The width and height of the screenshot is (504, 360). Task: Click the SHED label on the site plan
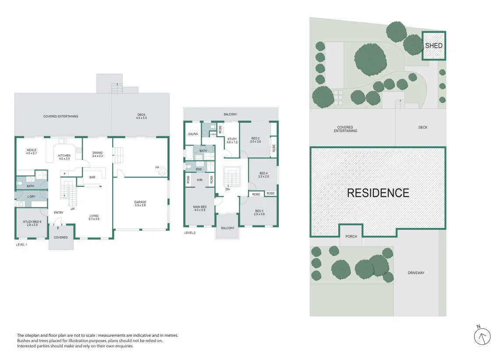433,46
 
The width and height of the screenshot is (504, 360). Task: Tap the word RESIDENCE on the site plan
378,193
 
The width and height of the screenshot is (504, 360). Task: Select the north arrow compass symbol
482,336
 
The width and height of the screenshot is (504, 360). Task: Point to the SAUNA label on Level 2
193,134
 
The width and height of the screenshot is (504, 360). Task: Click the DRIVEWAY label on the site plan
416,273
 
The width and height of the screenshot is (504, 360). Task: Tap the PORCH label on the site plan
351,236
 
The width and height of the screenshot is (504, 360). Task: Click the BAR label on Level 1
92,177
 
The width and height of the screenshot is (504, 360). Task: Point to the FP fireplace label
157,168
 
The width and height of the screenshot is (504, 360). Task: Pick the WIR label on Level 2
199,180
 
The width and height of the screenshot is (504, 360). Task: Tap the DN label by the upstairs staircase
227,189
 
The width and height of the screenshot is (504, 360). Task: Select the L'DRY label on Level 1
32,196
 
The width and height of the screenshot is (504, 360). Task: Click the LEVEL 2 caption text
190,232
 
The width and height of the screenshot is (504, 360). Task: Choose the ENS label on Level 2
199,169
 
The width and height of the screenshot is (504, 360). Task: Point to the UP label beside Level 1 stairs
73,209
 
